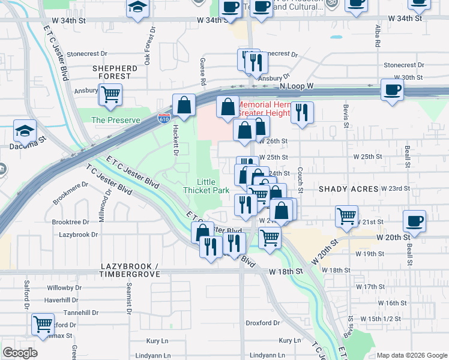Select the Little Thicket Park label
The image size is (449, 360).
[x=214, y=186]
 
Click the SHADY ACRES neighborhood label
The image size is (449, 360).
[x=349, y=188]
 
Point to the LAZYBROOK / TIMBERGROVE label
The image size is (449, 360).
[x=130, y=269]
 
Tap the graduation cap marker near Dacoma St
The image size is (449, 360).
[x=25, y=130]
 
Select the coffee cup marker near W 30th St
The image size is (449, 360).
[x=392, y=90]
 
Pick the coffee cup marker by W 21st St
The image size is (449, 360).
[x=415, y=220]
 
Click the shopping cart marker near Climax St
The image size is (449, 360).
[x=43, y=324]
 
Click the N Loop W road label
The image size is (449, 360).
[x=297, y=86]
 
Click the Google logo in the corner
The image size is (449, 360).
[x=20, y=353]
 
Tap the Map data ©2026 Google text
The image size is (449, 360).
[x=411, y=355]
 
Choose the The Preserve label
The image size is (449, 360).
[x=115, y=120]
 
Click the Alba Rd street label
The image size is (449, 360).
[x=378, y=36]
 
